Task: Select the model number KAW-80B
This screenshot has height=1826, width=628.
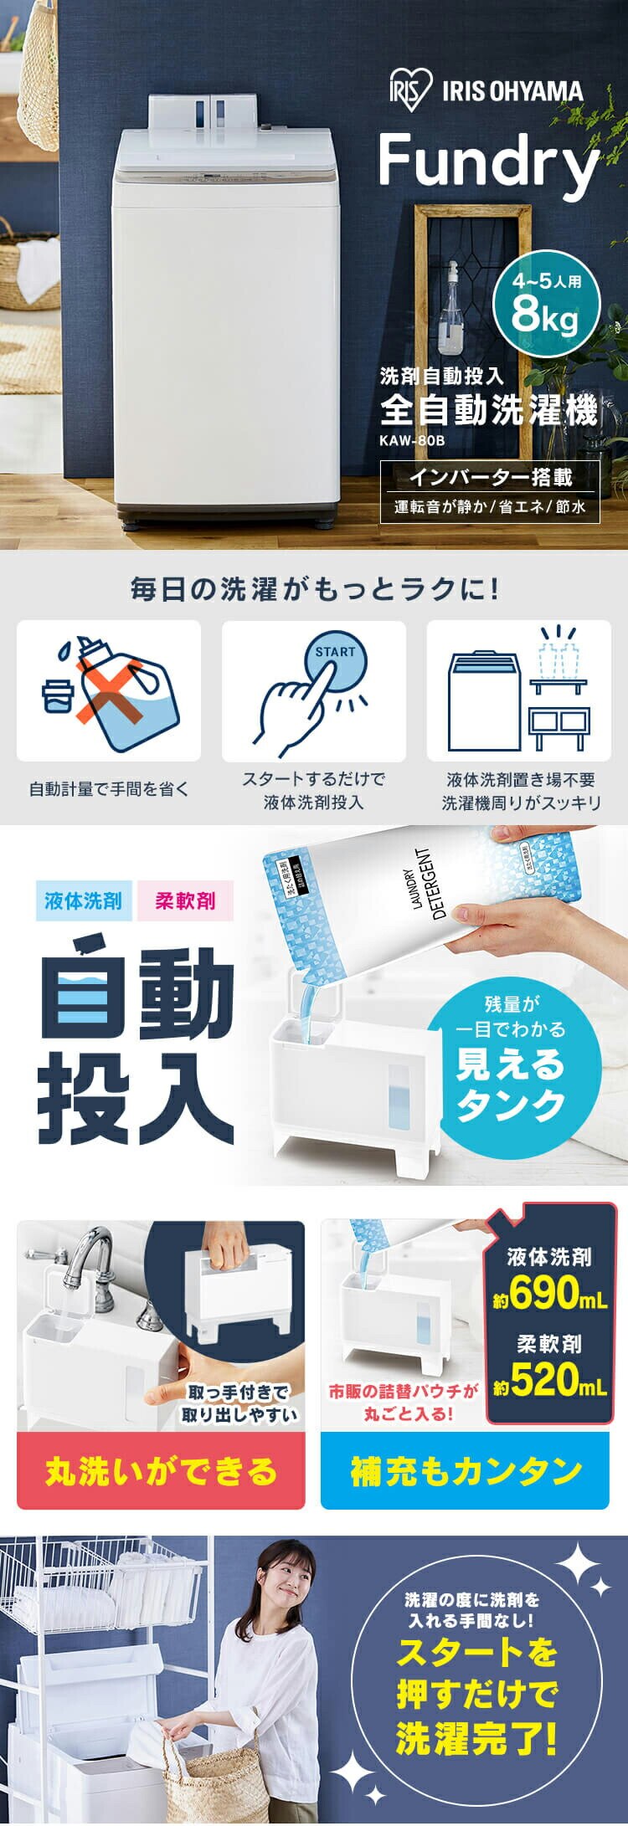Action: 412,440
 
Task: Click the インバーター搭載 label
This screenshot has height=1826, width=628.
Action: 490,477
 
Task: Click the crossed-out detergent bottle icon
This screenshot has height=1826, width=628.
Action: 109,690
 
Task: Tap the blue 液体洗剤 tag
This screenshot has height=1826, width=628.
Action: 83,901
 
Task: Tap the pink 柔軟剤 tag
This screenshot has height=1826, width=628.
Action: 184,901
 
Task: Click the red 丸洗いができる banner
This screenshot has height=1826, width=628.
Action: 161,1470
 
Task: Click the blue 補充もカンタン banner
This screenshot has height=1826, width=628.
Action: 466,1470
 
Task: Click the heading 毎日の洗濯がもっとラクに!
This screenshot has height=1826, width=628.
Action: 314,588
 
